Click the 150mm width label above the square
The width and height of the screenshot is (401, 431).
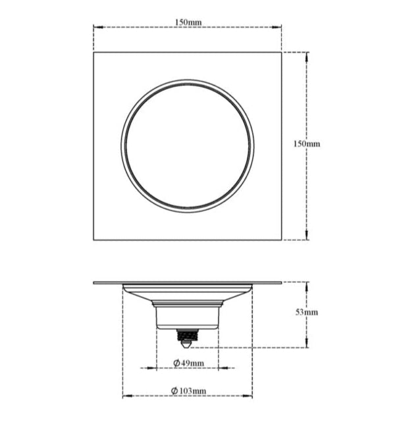pos(188,22)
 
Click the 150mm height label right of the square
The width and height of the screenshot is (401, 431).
pos(307,143)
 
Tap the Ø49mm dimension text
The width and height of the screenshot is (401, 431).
pos(188,363)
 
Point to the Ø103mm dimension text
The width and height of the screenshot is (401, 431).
pos(188,391)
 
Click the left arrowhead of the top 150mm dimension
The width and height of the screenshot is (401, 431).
pos(97,27)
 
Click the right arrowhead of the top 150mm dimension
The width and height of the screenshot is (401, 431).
pos(279,27)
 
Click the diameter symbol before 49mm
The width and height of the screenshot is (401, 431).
pos(176,363)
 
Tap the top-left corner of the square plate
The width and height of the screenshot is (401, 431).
pos(94,52)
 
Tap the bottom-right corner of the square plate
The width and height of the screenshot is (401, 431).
pos(282,240)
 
